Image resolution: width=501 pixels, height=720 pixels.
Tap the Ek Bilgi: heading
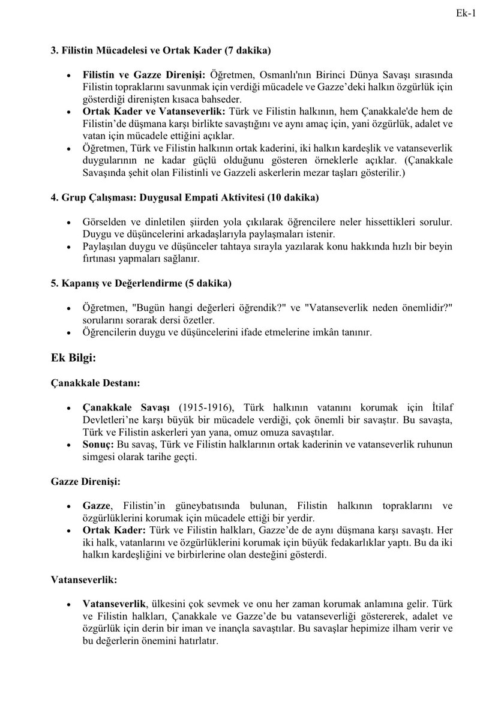(74, 358)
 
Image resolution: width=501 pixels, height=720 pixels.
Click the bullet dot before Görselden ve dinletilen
(69, 222)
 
